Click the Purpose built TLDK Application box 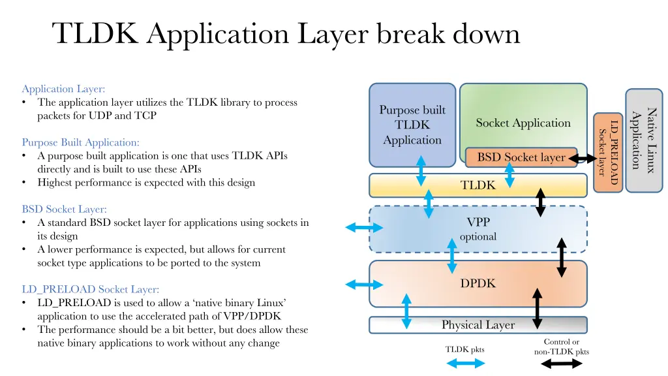(x=412, y=125)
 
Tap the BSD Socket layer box (x=521, y=157)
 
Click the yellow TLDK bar (x=478, y=185)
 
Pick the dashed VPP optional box (x=478, y=229)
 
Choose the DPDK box (x=478, y=283)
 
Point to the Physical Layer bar (x=478, y=325)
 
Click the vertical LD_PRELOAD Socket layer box (x=608, y=153)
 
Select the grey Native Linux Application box (x=644, y=140)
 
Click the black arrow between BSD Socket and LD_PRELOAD (x=583, y=159)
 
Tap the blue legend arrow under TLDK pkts (x=466, y=363)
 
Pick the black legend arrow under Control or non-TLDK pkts (x=562, y=364)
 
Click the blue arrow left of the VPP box (x=364, y=227)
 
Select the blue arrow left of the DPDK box (x=364, y=285)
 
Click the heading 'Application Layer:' (x=63, y=89)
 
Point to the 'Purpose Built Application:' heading (x=80, y=142)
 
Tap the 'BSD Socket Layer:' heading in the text (x=65, y=210)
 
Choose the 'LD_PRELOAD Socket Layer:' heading (x=90, y=289)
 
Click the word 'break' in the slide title (x=410, y=33)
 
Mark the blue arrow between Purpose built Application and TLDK (x=421, y=171)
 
